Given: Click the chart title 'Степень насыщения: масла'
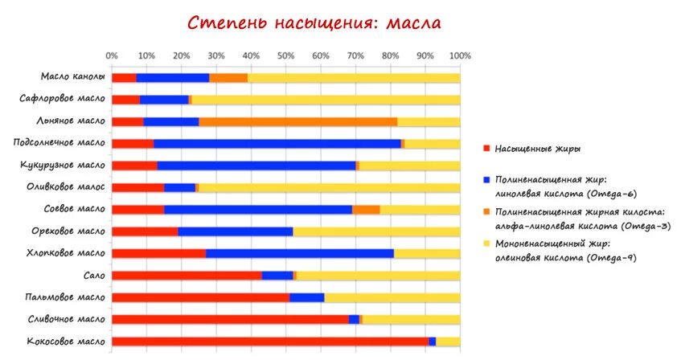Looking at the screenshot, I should tap(314, 22).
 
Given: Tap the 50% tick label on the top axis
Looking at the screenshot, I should tap(285, 56).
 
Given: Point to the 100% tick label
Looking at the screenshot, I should tap(459, 56).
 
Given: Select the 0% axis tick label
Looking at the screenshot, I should tap(112, 56).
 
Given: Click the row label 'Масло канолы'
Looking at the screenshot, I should tap(73, 78).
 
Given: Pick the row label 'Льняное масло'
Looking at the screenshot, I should tap(71, 121).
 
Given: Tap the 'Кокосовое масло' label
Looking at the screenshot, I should tap(68, 342).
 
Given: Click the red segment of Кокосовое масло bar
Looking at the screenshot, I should tap(269, 342).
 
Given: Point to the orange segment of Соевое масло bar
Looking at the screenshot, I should tap(366, 210).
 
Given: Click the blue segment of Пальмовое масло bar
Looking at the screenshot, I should tap(306, 297).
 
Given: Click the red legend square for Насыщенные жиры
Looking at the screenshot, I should tap(486, 149).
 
